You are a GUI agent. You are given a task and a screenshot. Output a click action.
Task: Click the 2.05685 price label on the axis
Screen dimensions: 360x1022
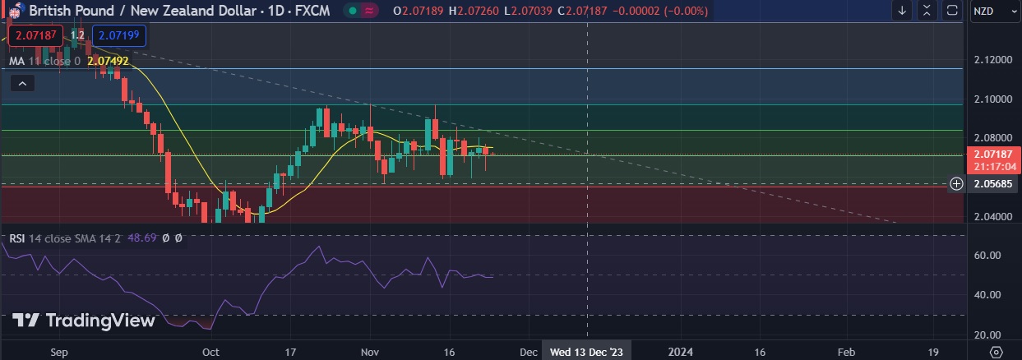point(993,184)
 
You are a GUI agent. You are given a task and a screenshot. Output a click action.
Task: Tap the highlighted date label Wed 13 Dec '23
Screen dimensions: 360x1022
point(587,352)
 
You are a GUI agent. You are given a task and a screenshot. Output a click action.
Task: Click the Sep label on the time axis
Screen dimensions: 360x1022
point(58,352)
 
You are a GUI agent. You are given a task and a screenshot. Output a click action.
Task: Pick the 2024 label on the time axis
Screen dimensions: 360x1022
point(680,352)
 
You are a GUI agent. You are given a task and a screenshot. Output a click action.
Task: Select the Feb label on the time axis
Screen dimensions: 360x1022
point(846,352)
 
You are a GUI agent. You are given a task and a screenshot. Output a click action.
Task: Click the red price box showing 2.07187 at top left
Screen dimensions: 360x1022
point(35,35)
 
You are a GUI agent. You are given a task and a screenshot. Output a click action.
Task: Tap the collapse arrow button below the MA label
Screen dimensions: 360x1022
point(22,83)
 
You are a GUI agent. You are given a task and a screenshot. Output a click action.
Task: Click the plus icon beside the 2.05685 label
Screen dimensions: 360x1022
point(956,184)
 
